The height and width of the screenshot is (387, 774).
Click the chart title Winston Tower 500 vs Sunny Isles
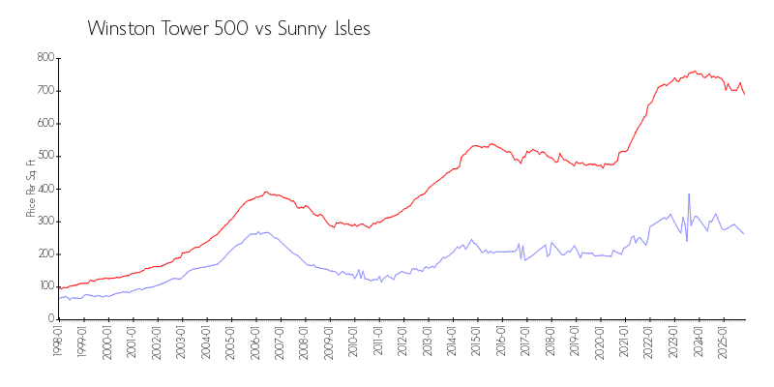228,28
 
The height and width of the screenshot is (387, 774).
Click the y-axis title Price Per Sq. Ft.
31,188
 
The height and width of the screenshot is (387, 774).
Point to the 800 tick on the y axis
44,58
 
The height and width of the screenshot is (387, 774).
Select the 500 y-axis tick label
44,156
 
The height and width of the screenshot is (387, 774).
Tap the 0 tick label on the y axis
49,318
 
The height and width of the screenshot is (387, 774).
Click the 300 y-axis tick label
44,221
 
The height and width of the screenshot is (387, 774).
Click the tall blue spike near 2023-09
689,194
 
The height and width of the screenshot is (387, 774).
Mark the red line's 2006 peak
266,192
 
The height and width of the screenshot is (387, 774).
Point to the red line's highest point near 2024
695,71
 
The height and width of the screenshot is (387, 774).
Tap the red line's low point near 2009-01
333,226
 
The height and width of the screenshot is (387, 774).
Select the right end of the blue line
744,234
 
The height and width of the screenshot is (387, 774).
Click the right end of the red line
744,94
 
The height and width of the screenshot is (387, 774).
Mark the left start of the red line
59,288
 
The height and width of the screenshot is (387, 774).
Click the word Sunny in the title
302,28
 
